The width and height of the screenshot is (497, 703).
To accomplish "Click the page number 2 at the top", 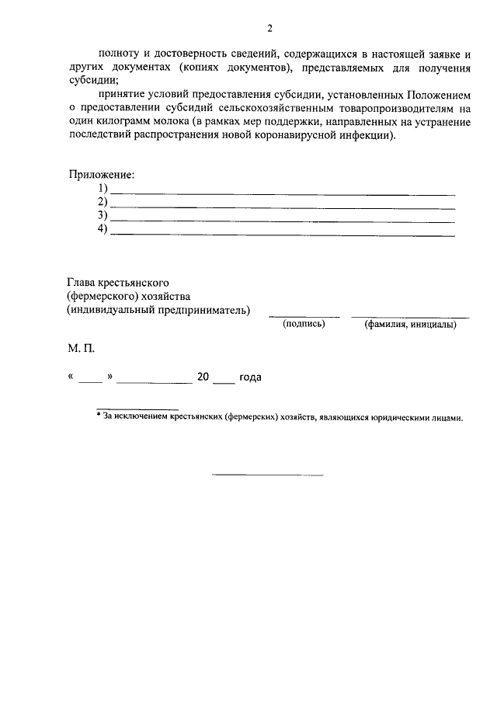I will click(x=269, y=29).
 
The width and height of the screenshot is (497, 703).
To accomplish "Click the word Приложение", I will click(x=101, y=176).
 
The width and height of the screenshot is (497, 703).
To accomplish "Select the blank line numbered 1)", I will click(x=283, y=193).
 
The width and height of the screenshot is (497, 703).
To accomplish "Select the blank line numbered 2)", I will click(x=283, y=207).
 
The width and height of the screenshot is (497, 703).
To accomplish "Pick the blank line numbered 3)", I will click(x=283, y=221).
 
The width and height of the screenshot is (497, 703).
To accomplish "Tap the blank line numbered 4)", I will click(x=283, y=234).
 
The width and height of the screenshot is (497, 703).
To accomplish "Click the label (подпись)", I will click(x=304, y=325).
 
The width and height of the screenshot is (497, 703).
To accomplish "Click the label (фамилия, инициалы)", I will click(x=410, y=325).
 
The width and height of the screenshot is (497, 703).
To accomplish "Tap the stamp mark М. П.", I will click(x=80, y=351).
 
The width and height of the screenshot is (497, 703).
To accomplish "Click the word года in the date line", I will click(x=250, y=378).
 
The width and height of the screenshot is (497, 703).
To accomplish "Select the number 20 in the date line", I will click(x=203, y=378).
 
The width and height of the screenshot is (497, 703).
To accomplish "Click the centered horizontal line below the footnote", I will click(x=268, y=474).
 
